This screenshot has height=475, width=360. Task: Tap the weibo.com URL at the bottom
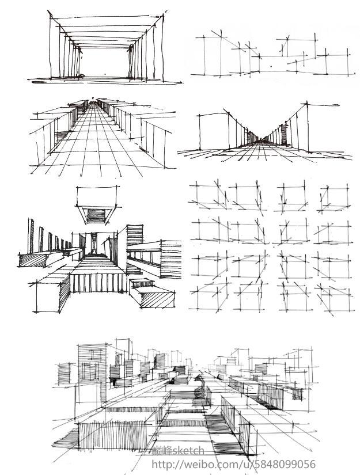pyautogui.click(x=233, y=464)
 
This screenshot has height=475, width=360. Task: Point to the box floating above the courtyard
pyautogui.click(x=97, y=210)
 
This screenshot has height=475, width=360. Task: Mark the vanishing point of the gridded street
pyautogui.click(x=91, y=102)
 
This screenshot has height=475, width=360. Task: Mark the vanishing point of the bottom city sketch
pyautogui.click(x=198, y=371)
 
